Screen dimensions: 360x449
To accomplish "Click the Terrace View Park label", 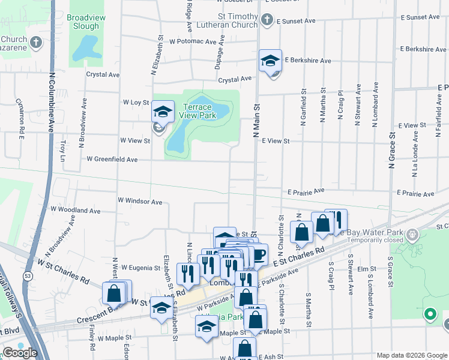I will pos(198,111).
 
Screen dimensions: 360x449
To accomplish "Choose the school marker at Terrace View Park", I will pos(162,111).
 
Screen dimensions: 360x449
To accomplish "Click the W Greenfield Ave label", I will pos(112,160).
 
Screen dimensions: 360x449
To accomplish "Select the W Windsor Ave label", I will pos(140,202).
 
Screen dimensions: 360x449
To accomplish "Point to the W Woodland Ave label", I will pos(76,211).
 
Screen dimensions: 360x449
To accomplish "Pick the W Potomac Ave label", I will pos(193,42).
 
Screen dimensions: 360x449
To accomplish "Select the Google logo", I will pos(20,353).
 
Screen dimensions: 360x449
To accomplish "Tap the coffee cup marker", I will pos(258,254).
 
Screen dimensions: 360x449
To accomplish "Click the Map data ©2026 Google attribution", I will pos(411,355).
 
